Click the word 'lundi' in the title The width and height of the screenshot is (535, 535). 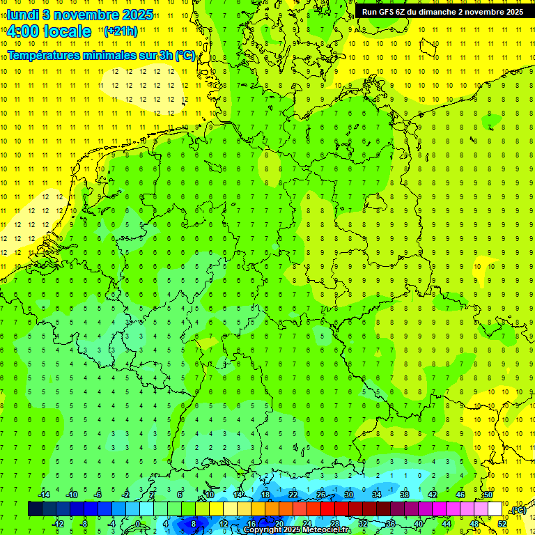click(x=22, y=14)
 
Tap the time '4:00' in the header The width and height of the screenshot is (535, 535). click(x=23, y=31)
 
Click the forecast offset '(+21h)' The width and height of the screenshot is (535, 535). click(x=120, y=31)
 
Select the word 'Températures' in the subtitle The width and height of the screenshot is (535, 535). click(x=47, y=55)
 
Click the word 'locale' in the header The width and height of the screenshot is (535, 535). click(x=67, y=31)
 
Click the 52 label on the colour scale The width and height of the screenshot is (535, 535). click(x=502, y=523)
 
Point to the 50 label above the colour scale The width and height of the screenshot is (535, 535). click(x=488, y=495)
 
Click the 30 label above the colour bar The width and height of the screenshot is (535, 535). click(x=348, y=495)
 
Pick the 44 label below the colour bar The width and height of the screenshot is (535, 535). click(x=446, y=523)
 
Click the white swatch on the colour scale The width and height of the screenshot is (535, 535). click(x=495, y=509)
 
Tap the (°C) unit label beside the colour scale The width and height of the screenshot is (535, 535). click(x=518, y=510)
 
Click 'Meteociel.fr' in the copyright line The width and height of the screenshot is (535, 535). click(x=327, y=530)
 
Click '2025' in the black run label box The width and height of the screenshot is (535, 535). click(x=513, y=12)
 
